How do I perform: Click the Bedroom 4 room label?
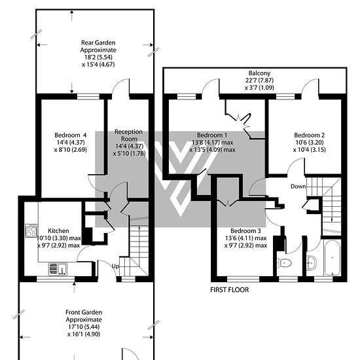pos(71,135)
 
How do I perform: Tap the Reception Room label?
pos(129,135)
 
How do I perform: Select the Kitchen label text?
pos(58,231)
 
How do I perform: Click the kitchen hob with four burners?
pos(31,230)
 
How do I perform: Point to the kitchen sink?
pos(58,269)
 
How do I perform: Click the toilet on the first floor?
pos(285,263)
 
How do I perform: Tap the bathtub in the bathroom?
pos(332,258)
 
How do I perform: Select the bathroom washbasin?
pos(312,262)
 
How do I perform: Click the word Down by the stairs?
pos(298,187)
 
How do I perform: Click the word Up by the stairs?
pos(115,266)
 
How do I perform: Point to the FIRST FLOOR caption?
pos(229,290)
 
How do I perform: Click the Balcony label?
pos(259,73)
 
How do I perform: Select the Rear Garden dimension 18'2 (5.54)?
pos(98,57)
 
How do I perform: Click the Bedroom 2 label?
pos(309,135)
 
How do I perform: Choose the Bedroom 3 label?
pos(245,231)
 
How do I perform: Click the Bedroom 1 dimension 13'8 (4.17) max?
pos(213,142)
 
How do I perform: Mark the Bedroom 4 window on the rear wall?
pos(88,97)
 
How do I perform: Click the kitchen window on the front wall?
pos(56,279)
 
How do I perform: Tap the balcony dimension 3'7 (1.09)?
pos(259,88)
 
